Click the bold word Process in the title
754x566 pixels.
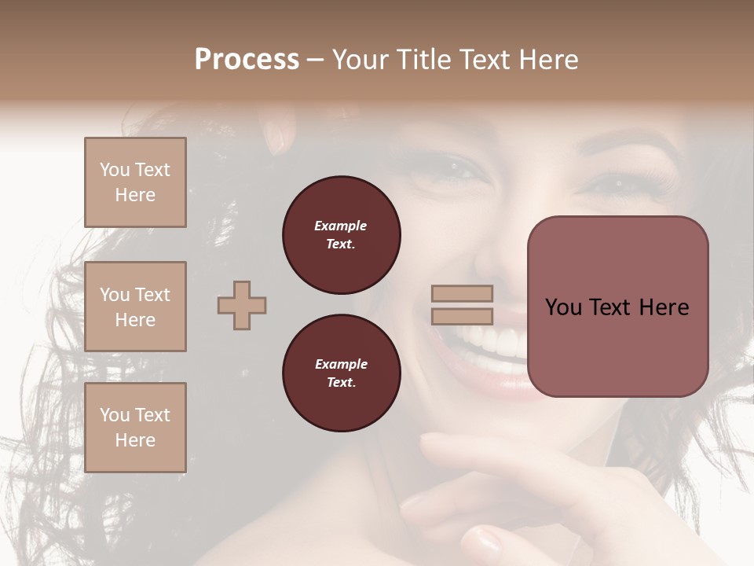247,60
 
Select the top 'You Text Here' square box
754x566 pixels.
135,182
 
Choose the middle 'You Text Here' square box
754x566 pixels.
135,307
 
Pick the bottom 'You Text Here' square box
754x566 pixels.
135,428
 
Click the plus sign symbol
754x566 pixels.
242,305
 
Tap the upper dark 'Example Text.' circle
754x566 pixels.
341,235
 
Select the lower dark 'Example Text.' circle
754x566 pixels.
341,373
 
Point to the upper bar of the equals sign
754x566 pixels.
463,293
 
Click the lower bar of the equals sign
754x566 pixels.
463,317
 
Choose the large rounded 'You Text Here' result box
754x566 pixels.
617,307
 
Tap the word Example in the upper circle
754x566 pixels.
340,226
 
